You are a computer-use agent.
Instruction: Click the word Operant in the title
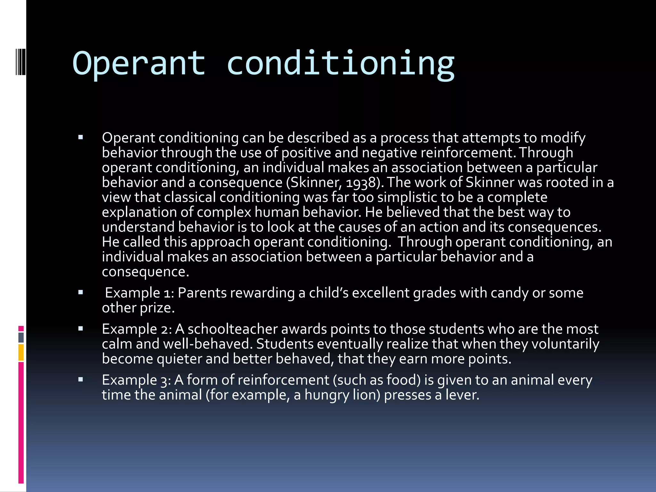pyautogui.click(x=139, y=63)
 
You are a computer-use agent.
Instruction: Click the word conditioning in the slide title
pyautogui.click(x=340, y=63)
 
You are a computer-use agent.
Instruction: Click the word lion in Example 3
pyautogui.click(x=366, y=395)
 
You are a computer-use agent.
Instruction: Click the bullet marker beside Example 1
pyautogui.click(x=81, y=292)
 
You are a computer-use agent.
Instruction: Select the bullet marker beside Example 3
pyautogui.click(x=81, y=380)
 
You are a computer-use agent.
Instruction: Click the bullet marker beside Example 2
pyautogui.click(x=81, y=329)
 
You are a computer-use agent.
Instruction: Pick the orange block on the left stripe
pyautogui.click(x=21, y=352)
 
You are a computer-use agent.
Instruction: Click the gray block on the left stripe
pyautogui.click(x=21, y=337)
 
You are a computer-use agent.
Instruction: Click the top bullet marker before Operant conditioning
pyautogui.click(x=81, y=138)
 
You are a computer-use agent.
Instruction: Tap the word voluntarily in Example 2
pyautogui.click(x=565, y=344)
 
